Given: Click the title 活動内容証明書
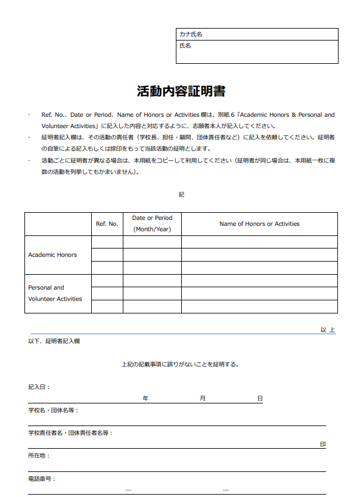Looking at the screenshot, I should pos(181,92).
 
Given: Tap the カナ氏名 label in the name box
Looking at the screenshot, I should pos(191,35).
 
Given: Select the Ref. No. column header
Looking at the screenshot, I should pos(107,224).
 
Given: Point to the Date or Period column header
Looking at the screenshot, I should pos(151,223).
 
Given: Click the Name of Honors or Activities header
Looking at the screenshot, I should pos(259,224).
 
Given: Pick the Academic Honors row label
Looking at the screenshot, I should pos(52,255).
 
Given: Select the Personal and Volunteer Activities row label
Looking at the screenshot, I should pos(55,293).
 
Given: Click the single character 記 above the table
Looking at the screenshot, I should pos(181,195).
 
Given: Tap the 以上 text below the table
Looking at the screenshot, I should pos(327,330).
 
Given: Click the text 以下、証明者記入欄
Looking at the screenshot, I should pos(54,341).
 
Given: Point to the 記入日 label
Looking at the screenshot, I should pos(39,387).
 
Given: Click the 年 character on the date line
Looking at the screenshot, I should pos(145,398).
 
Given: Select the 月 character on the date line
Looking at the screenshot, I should pos(203,398).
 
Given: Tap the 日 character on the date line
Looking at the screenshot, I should pos(260,398).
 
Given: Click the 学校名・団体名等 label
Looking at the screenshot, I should pos(53,410).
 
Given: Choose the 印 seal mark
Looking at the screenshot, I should pos(322,445).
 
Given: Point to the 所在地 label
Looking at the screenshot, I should pos(39,455).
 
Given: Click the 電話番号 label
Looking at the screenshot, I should pos(42,479).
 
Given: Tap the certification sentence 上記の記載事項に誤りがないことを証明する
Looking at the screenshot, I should pos(180,364).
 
